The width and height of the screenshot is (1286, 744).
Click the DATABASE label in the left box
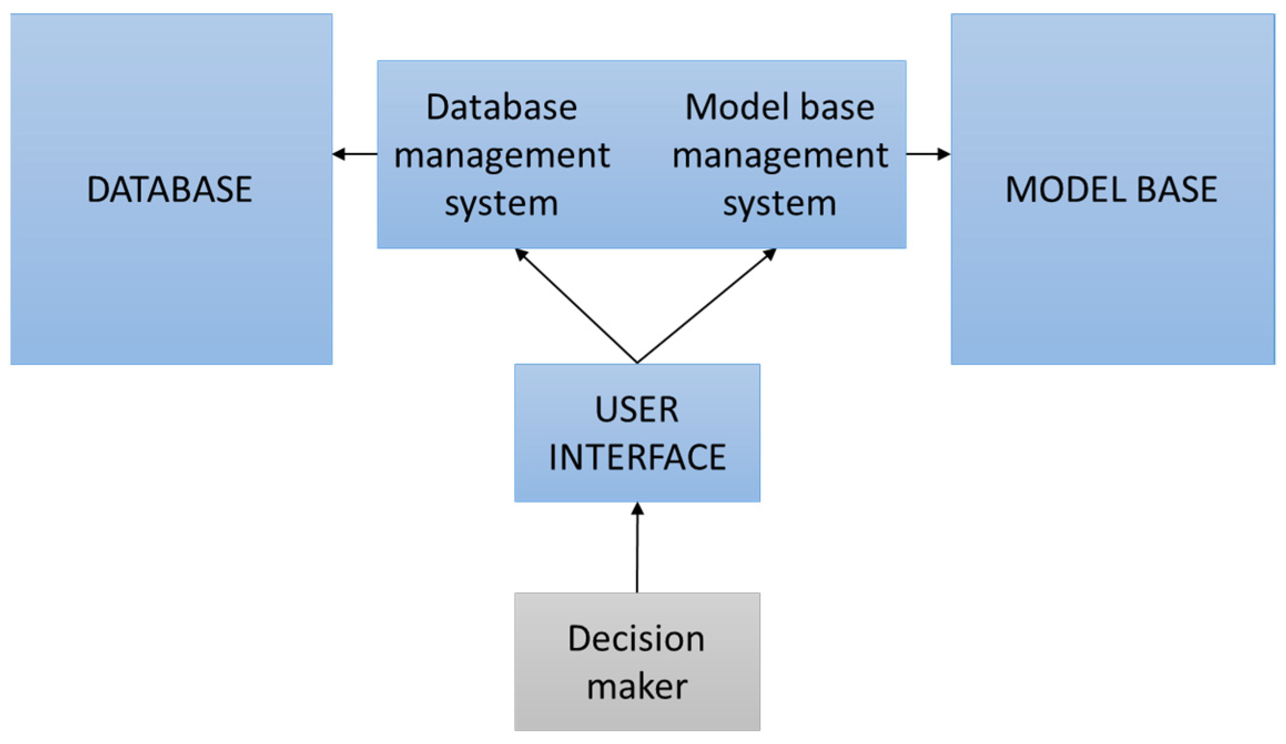[x=169, y=189]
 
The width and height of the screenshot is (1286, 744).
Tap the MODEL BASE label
[x=1111, y=189]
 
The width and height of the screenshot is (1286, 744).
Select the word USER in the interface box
[x=637, y=410]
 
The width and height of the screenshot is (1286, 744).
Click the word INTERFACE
[x=637, y=457]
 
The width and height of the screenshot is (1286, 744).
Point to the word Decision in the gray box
[x=636, y=639]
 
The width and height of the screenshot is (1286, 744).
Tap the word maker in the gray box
[x=637, y=687]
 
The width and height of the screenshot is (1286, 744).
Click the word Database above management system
[x=501, y=107]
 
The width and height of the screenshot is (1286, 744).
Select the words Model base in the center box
[x=780, y=107]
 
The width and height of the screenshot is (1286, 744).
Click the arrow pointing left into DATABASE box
[x=355, y=154]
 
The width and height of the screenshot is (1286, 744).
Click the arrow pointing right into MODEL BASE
[x=928, y=154]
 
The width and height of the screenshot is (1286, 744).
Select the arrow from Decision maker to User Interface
[x=637, y=549]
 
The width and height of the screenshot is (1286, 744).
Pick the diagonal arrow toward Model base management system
[x=707, y=305]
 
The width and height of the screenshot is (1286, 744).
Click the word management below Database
[x=501, y=155]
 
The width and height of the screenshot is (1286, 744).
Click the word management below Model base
[x=780, y=155]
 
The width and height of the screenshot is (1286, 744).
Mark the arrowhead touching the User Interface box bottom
[x=638, y=508]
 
